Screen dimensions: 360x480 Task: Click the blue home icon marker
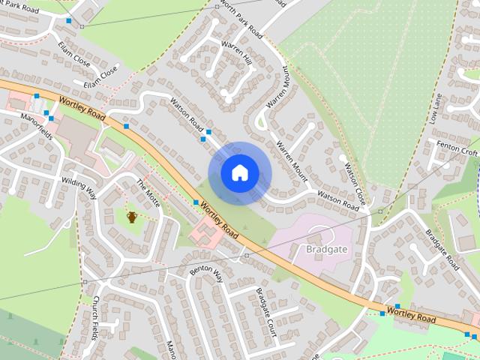(239, 173)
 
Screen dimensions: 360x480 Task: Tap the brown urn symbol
(132, 217)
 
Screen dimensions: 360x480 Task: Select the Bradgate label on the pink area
(327, 248)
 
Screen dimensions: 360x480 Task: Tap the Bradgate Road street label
(442, 250)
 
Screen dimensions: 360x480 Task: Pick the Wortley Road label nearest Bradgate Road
(411, 313)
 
